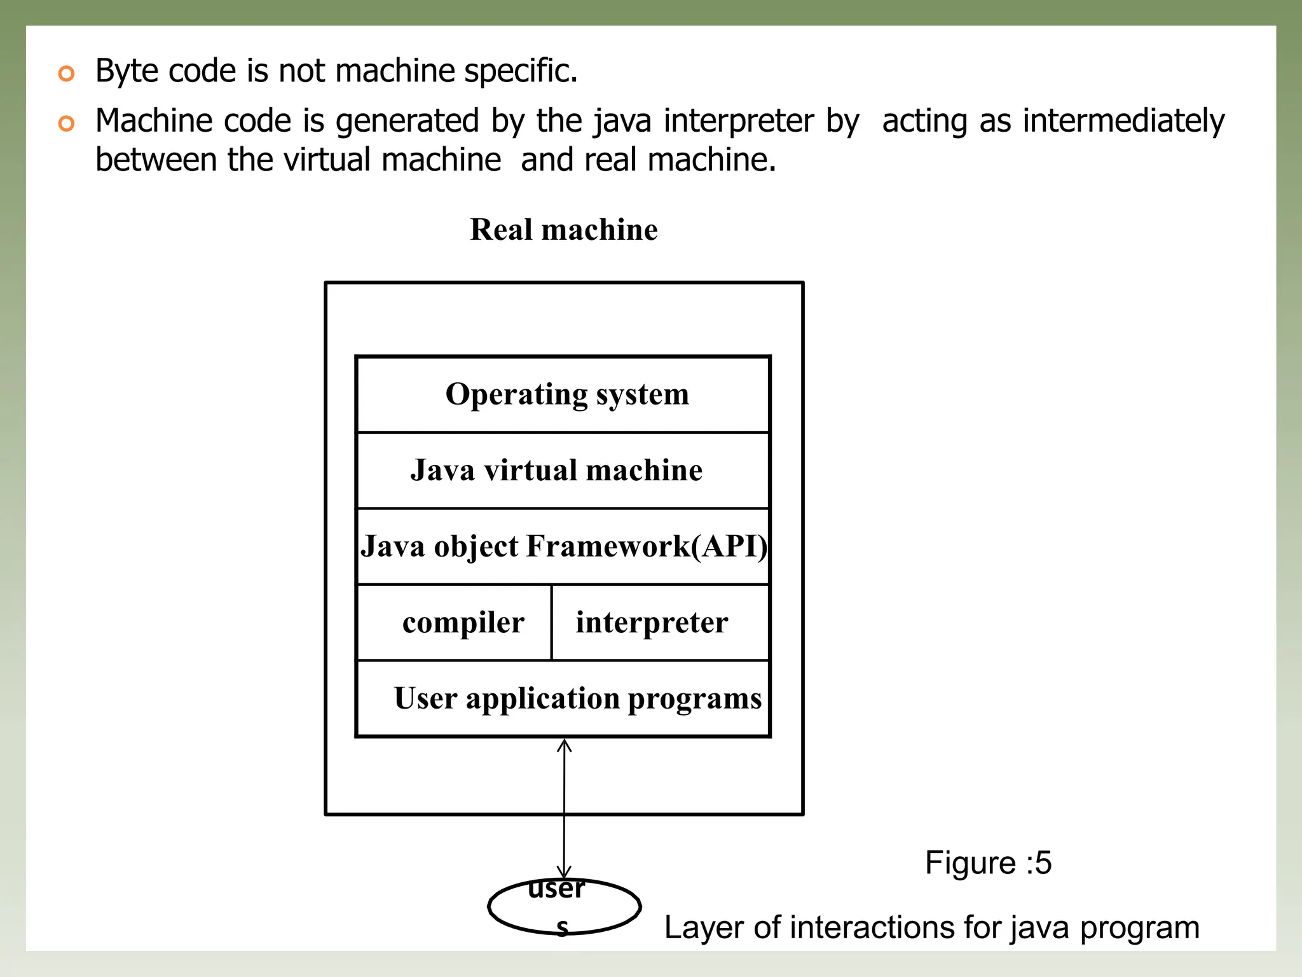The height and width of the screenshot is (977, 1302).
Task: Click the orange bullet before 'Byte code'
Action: (x=66, y=73)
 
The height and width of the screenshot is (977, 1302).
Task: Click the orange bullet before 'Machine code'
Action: (x=66, y=123)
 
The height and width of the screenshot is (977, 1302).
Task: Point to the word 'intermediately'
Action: (x=1123, y=121)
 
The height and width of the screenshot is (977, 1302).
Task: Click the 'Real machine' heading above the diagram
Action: (x=564, y=230)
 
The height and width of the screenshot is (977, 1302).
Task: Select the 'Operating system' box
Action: (x=563, y=394)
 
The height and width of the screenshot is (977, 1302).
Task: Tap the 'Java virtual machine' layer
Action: (x=563, y=471)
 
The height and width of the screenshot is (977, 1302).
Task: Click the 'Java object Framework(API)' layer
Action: (x=563, y=546)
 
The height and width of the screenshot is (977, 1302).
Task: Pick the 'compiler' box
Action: (x=454, y=623)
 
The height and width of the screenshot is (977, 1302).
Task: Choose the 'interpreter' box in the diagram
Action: (x=660, y=623)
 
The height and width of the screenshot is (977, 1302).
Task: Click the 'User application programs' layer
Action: (x=563, y=698)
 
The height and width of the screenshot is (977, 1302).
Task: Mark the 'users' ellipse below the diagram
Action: (x=564, y=907)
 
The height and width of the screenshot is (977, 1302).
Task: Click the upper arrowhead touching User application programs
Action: (x=565, y=744)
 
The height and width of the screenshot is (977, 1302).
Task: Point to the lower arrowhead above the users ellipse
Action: (x=564, y=872)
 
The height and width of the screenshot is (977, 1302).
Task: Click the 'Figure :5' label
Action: (x=988, y=863)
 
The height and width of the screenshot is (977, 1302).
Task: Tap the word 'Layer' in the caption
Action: (x=704, y=928)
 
